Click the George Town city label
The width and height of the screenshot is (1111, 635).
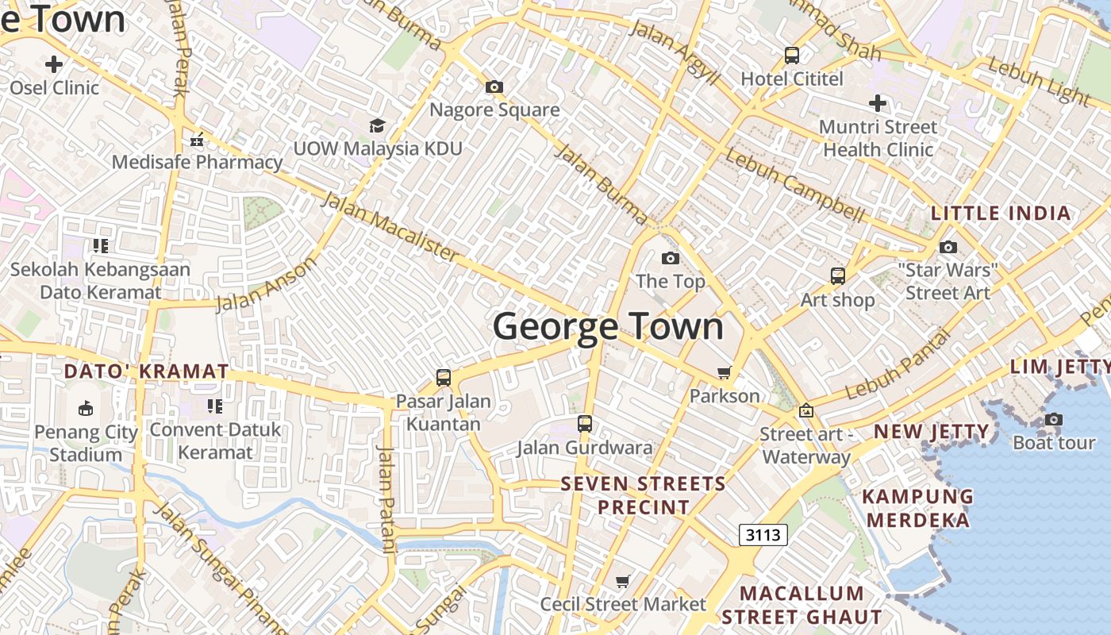point(608,327)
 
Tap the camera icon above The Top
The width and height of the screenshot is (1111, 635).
point(671,258)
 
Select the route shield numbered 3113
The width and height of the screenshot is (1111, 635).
point(763,534)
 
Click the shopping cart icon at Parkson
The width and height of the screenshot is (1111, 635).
point(724,372)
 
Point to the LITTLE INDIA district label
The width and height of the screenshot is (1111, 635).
point(1001,214)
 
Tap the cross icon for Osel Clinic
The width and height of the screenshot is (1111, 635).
point(54,64)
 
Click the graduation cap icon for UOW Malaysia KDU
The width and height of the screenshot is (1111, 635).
point(377,125)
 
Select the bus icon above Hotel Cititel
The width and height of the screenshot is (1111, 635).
point(792,56)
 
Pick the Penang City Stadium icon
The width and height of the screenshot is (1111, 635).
point(85,409)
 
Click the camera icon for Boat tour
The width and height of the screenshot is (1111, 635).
point(1053,419)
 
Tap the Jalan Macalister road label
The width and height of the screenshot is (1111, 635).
point(389,227)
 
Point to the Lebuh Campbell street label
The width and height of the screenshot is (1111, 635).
point(794,185)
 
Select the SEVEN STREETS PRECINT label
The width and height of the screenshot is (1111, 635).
point(643,495)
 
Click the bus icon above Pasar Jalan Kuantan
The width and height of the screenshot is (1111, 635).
point(444,378)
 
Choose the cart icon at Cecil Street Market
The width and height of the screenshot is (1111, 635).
point(623,582)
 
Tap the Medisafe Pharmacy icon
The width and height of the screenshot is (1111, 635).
point(197,140)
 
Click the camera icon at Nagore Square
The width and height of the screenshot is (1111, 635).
point(494,87)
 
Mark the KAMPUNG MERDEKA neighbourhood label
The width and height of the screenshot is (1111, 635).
point(917,508)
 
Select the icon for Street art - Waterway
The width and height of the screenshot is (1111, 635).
point(806,410)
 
